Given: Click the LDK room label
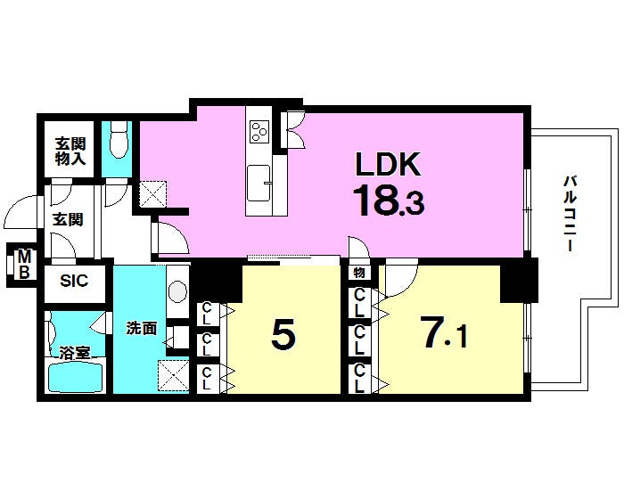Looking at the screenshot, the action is tap(388, 164).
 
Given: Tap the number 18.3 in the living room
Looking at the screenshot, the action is tap(388, 200).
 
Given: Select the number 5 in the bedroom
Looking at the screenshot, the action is tap(283, 333).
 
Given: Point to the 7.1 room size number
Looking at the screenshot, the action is tap(445, 331).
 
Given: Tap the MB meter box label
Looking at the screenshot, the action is tap(24, 264).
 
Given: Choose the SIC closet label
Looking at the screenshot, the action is tap(74, 281).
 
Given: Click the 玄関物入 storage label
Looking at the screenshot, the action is tap(70, 151).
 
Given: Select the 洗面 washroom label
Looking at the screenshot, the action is tap(141, 329).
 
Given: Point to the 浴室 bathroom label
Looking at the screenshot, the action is tap(75, 353).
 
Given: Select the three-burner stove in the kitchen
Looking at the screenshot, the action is tap(259, 131).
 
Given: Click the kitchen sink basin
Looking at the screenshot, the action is tap(259, 184).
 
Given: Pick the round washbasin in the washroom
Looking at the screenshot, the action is tap(177, 291).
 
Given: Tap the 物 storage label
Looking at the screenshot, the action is tap(359, 273).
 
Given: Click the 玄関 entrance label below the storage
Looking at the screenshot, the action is tap(68, 219).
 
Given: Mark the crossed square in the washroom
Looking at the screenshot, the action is tap(173, 376).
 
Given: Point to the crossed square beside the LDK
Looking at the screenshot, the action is tap(152, 193).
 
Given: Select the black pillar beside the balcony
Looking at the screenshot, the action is tap(519, 280).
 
